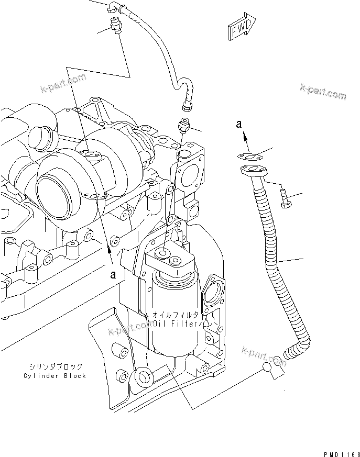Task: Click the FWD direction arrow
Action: point(242,28)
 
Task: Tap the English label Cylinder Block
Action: point(54,376)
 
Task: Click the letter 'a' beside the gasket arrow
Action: point(238,124)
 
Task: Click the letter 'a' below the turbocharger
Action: point(112,274)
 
